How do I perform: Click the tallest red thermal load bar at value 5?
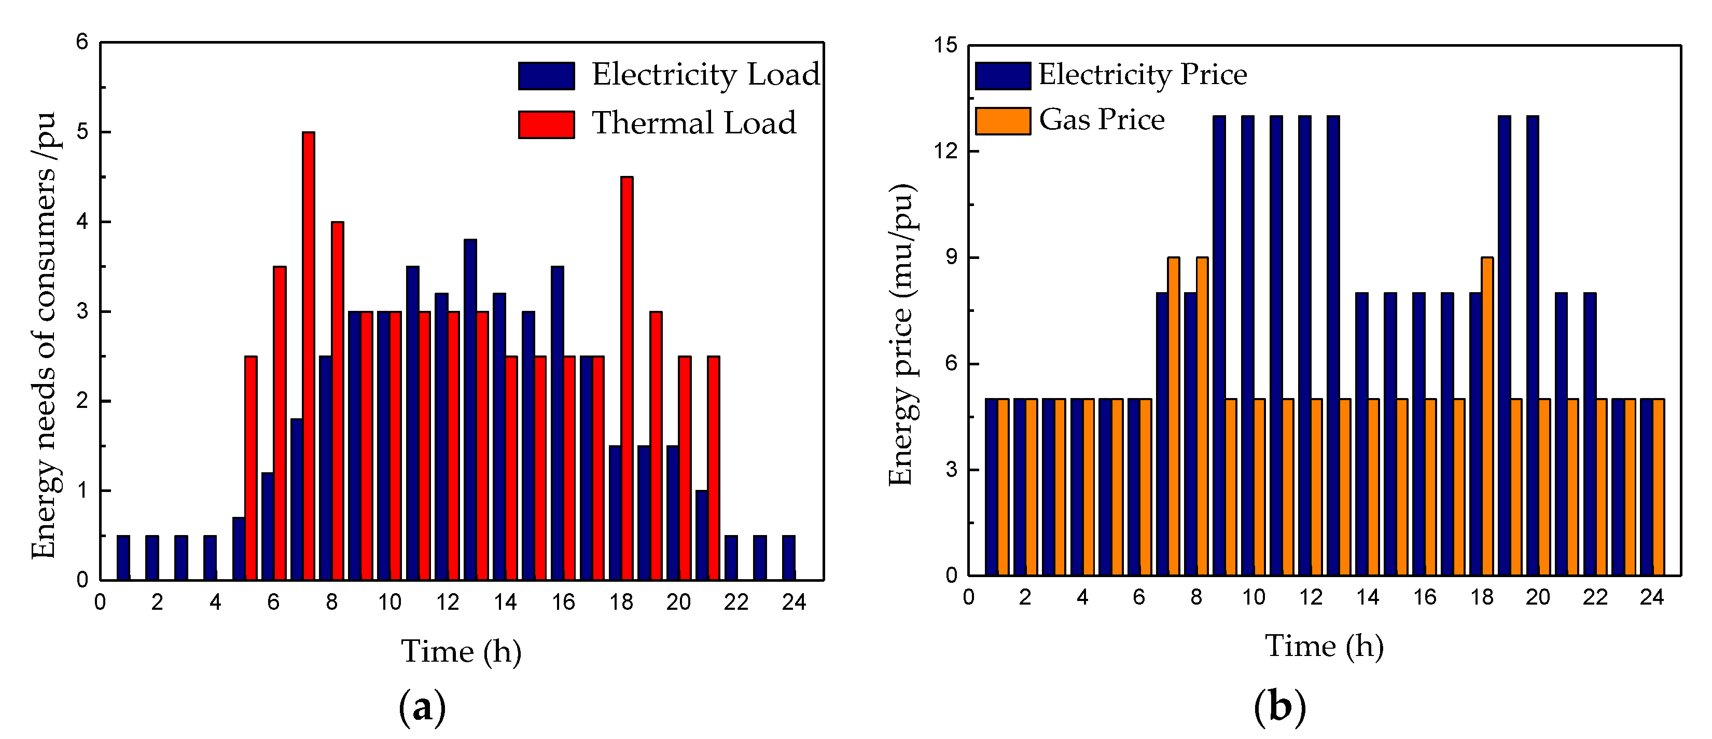click(309, 356)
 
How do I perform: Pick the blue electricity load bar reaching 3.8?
click(470, 409)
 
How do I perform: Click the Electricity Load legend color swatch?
click(546, 75)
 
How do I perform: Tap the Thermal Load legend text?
click(693, 123)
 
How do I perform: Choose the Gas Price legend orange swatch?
click(1002, 121)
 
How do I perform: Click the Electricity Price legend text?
click(1142, 74)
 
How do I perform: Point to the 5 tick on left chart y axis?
click(82, 132)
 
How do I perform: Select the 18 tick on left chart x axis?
click(621, 602)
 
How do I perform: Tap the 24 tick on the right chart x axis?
click(1651, 597)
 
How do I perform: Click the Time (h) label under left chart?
click(461, 651)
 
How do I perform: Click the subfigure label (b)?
click(1279, 706)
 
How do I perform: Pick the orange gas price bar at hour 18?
click(1487, 416)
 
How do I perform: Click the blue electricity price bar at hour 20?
click(1532, 345)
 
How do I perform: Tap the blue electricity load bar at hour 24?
click(788, 557)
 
